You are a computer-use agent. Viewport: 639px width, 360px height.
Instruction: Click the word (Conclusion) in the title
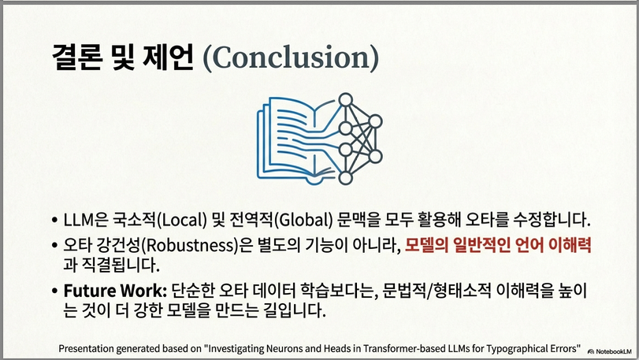tap(291, 58)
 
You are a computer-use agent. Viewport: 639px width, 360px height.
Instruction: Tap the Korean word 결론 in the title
tap(77, 58)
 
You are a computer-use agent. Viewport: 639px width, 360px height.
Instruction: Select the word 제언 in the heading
tap(168, 58)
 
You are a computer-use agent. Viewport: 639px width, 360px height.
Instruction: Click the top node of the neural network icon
tap(346, 100)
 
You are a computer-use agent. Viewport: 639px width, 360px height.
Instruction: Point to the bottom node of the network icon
tap(346, 178)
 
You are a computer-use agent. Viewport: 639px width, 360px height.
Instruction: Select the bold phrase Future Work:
tap(115, 291)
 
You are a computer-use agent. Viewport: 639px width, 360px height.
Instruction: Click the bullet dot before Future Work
tap(55, 291)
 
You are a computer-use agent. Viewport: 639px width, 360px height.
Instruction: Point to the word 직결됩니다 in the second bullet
tap(124, 265)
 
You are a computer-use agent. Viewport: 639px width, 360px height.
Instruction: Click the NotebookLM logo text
tap(613, 351)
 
